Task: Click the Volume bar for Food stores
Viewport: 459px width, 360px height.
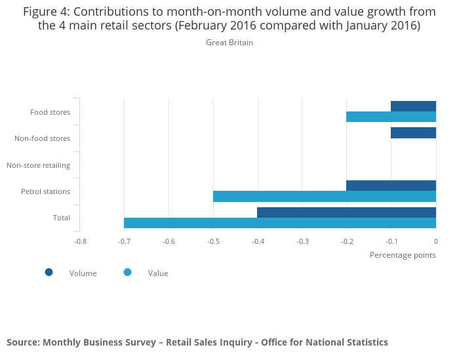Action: (413, 106)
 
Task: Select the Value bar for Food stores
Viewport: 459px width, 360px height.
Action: (391, 117)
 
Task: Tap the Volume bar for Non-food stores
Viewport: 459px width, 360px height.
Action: (413, 133)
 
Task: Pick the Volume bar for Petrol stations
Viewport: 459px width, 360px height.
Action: (391, 186)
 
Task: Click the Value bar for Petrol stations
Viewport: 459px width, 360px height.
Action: (325, 196)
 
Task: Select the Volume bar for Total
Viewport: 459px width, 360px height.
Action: (346, 212)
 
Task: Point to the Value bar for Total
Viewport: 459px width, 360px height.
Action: (280, 223)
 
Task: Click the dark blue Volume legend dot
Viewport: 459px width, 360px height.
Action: (49, 272)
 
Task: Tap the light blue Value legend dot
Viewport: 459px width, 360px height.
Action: (127, 272)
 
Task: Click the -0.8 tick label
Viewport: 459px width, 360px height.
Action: (79, 241)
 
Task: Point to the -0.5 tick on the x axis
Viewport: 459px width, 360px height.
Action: (213, 241)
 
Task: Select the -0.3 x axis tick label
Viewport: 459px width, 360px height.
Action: (302, 241)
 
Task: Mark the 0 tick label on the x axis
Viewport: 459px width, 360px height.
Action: (436, 241)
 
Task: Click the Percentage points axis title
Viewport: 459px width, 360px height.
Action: (403, 254)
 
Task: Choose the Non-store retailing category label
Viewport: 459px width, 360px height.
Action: (38, 165)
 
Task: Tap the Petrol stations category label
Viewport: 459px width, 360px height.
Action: (45, 191)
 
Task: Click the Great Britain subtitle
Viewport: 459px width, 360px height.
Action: (229, 43)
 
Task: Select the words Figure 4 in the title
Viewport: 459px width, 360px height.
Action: (47, 11)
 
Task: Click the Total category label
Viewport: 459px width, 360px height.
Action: (62, 218)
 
